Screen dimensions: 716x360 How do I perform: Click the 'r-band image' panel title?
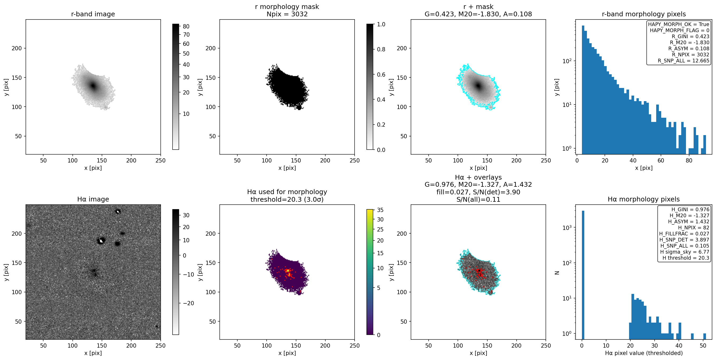click(93, 14)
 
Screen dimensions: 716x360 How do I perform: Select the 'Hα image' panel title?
click(93, 199)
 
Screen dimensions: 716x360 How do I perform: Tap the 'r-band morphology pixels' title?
click(644, 14)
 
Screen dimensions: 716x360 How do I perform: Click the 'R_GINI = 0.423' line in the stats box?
click(690, 36)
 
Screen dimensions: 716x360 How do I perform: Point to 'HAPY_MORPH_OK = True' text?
click(679, 24)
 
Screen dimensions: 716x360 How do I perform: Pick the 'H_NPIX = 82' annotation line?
click(694, 228)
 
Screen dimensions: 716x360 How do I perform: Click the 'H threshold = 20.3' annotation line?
click(686, 258)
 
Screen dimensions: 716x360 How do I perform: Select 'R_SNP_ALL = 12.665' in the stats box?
click(684, 61)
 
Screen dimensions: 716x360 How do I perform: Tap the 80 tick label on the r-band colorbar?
click(186, 26)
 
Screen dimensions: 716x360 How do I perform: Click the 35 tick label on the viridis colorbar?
click(380, 210)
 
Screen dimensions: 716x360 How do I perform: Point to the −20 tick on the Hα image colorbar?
click(188, 303)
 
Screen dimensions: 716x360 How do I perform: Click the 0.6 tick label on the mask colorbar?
click(381, 75)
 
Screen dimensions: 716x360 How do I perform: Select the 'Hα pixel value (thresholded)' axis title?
click(644, 353)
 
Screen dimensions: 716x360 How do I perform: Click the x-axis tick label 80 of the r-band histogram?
click(689, 160)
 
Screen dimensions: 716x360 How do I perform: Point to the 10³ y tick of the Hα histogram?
click(567, 228)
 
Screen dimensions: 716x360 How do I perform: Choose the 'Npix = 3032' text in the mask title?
click(287, 14)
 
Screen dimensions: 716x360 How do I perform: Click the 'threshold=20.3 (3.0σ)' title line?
click(287, 199)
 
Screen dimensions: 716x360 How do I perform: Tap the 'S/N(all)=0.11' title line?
click(478, 199)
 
